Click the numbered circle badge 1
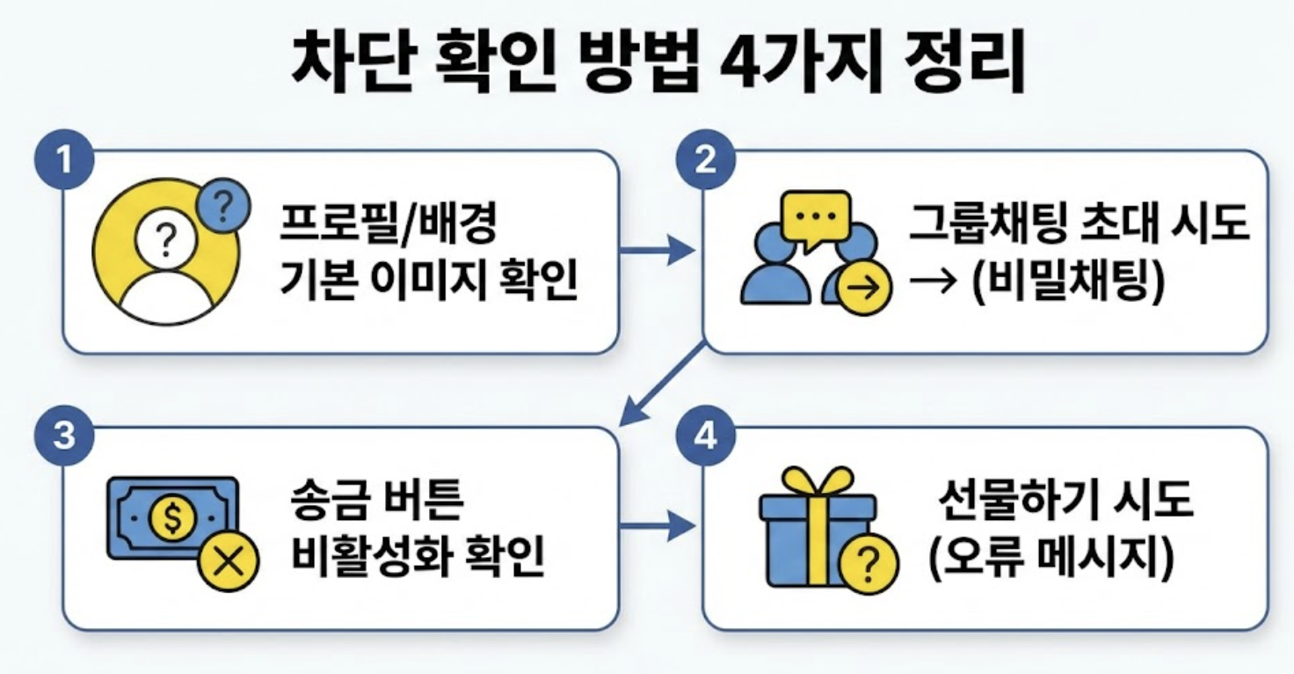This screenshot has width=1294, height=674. [x=63, y=161]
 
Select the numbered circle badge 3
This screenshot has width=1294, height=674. [x=63, y=436]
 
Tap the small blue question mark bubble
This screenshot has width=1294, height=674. [x=223, y=208]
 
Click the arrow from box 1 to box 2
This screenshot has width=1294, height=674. [x=658, y=253]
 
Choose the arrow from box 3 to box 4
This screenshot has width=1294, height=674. [x=658, y=528]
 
